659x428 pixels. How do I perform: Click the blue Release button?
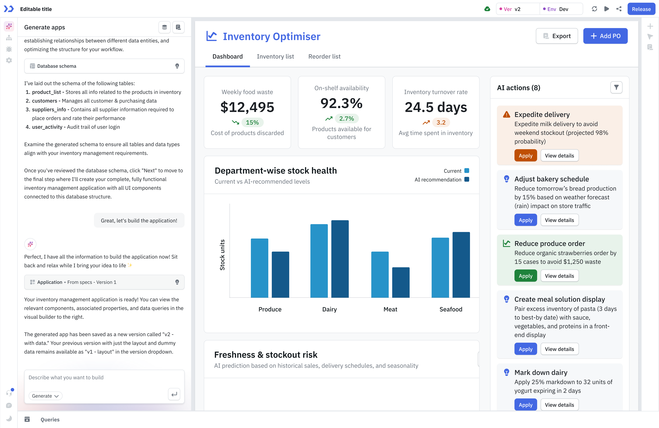(641, 9)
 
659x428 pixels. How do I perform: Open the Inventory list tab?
(275, 56)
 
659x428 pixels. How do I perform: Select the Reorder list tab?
(324, 56)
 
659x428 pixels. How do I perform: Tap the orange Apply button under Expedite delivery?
(525, 156)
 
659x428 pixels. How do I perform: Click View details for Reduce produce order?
(559, 276)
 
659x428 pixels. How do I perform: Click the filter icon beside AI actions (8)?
(616, 87)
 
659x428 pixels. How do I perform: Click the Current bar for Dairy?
(319, 261)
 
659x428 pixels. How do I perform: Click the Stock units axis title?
(222, 255)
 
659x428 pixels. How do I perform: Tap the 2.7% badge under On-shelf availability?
(346, 119)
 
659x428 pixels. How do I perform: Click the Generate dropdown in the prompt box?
(45, 396)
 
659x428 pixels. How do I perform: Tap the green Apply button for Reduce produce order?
(525, 276)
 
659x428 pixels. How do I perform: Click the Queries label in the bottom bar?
(50, 419)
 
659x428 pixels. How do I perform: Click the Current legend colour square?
(467, 171)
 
